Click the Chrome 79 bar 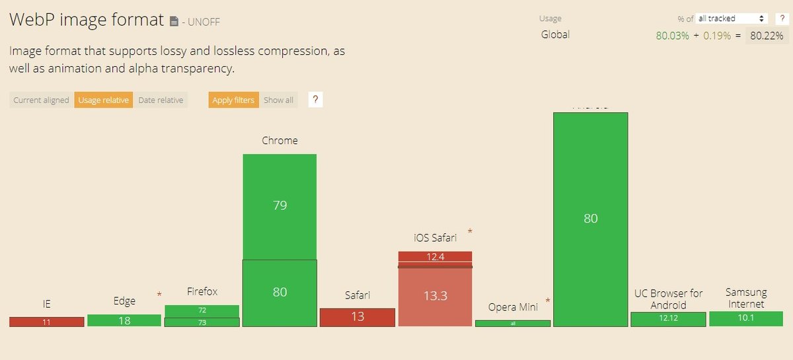(280, 206)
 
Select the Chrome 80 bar (280, 292)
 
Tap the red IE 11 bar (46, 322)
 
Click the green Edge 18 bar (124, 320)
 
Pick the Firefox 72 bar (202, 310)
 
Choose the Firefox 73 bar (202, 322)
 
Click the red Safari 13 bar (358, 317)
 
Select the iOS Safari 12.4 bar (435, 257)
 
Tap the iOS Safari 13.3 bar (435, 296)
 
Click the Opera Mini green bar (513, 324)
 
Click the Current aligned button (41, 100)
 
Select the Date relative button (161, 100)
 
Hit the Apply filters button (234, 100)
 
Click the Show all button (278, 100)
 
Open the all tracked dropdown (731, 18)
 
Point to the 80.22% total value (766, 36)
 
